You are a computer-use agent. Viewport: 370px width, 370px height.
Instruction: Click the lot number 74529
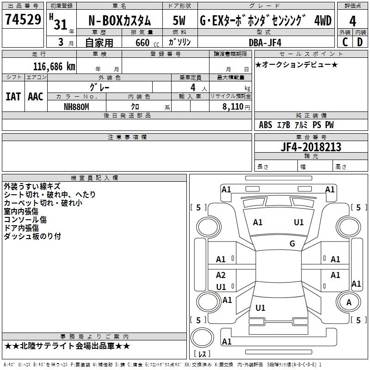click(23, 20)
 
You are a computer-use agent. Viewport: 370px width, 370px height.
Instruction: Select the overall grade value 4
click(352, 21)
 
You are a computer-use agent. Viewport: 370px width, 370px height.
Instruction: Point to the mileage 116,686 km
click(54, 66)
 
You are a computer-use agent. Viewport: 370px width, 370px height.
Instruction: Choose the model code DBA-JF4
click(265, 42)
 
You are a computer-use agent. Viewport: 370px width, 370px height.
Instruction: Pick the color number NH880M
click(76, 106)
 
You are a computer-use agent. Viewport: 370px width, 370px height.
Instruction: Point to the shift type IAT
click(13, 97)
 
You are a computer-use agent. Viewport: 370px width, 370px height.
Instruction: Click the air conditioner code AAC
click(35, 97)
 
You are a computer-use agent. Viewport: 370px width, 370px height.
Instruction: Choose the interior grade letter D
click(360, 42)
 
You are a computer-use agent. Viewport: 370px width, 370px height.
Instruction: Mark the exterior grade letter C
click(345, 42)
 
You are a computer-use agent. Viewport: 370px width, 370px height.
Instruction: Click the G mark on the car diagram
click(292, 243)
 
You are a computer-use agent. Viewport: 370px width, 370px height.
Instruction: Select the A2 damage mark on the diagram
click(221, 275)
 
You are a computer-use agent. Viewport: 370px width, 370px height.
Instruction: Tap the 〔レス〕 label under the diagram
click(202, 355)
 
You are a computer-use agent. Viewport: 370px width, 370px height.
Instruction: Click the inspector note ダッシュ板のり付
click(32, 236)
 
